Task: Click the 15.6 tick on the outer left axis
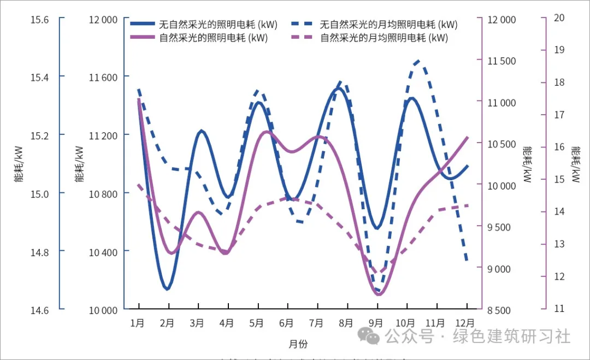pyautogui.click(x=39, y=20)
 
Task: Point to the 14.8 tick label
pyautogui.click(x=39, y=252)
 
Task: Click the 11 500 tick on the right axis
pyautogui.click(x=501, y=61)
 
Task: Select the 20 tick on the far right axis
pyautogui.click(x=558, y=17)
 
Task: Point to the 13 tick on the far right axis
pyautogui.click(x=558, y=244)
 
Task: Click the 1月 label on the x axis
pyautogui.click(x=138, y=323)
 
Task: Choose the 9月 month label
pyautogui.click(x=376, y=323)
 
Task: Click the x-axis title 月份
pyautogui.click(x=298, y=344)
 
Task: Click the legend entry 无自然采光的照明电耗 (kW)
pyautogui.click(x=218, y=24)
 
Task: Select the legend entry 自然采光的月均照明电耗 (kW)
pyautogui.click(x=384, y=38)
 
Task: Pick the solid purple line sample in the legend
pyautogui.click(x=143, y=38)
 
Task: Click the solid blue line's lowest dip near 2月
pyautogui.click(x=167, y=288)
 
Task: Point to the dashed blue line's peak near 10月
pyautogui.click(x=418, y=61)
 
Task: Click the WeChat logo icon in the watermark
pyautogui.click(x=373, y=337)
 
